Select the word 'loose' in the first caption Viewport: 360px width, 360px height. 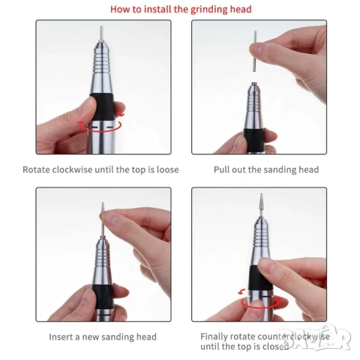168,169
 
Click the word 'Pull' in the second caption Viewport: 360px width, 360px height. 221,169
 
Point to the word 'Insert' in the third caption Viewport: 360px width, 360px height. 61,337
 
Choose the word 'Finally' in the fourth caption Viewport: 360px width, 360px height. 214,337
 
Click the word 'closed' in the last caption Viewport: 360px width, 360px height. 274,346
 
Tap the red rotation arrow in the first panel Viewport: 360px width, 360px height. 100,126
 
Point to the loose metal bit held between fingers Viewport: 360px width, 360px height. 255,51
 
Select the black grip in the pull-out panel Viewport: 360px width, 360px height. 254,138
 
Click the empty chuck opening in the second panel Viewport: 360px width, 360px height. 254,83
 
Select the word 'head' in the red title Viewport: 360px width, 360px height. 241,10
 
